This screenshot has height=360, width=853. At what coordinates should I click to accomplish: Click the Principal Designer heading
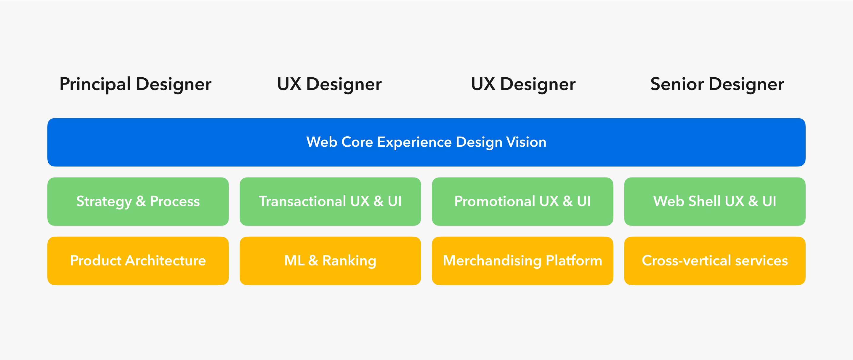point(135,84)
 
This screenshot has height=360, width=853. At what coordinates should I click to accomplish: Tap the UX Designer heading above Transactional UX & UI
point(329,84)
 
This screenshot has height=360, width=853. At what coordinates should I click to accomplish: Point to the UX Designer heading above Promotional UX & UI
point(523,84)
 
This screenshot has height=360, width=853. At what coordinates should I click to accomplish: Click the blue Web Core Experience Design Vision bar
point(426,142)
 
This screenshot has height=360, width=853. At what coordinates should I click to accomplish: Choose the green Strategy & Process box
point(138,201)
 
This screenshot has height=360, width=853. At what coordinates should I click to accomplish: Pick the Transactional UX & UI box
point(330,201)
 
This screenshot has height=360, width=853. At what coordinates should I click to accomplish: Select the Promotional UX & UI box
point(522,201)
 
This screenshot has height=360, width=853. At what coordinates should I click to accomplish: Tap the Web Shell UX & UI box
point(715,201)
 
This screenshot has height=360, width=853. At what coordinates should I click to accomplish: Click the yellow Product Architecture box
point(138,261)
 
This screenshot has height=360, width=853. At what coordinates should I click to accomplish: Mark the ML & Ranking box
point(330,261)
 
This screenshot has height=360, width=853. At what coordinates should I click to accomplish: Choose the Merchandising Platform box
point(522,261)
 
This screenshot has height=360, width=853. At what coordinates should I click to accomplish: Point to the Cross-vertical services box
point(715,261)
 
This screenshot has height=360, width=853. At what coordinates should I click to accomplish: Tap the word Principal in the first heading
point(95,84)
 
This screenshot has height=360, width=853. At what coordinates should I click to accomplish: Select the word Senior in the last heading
point(677,84)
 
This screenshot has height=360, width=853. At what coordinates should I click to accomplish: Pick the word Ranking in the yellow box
point(349,261)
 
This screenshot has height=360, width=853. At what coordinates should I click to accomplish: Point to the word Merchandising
point(492,261)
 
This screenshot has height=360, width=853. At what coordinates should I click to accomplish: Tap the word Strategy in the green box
point(104,202)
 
